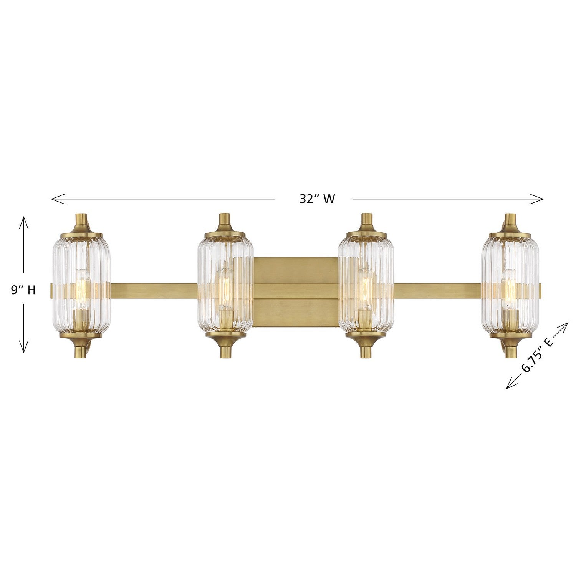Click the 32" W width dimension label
(317, 199)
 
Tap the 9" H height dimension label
(23, 290)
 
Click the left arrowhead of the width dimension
(53, 199)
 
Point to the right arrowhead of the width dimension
(542, 199)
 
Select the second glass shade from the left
(225, 286)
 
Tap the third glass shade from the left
(366, 286)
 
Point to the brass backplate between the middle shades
(295, 292)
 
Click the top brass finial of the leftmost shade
(81, 221)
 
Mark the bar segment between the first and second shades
(154, 290)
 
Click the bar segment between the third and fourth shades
(438, 290)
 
